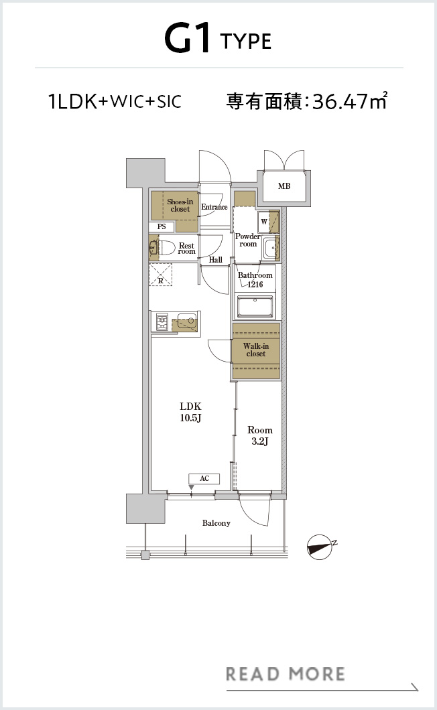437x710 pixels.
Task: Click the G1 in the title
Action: point(188,40)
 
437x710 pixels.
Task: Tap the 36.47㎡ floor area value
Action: point(349,101)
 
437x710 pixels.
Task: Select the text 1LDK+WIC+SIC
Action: point(115,101)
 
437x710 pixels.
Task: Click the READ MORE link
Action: point(286,674)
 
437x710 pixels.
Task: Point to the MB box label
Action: point(284,186)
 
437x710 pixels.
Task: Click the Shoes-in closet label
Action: point(180,205)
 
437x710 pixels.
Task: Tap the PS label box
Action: point(162,226)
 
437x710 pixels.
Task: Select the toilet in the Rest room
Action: point(162,248)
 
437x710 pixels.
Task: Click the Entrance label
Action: point(214,207)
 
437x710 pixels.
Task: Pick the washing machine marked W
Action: point(264,222)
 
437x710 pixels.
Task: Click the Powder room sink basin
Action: point(271,248)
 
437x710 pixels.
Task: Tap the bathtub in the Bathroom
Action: point(255,306)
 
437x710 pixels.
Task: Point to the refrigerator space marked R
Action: point(161,275)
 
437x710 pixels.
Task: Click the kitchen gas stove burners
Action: point(162,322)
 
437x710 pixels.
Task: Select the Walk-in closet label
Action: point(255,350)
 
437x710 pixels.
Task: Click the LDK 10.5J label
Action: point(190,412)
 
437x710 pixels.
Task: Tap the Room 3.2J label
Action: point(260,435)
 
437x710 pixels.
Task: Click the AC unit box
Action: point(204,479)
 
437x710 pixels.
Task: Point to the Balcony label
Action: point(216,523)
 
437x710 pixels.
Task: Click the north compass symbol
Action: point(321,547)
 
